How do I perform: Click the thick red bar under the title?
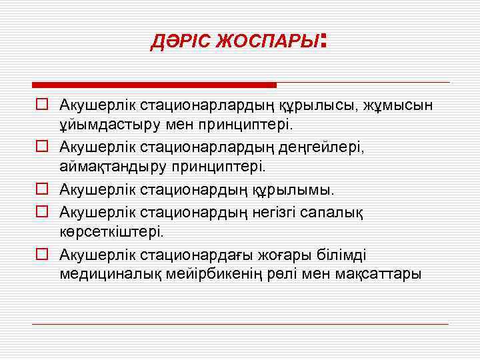pos(154,85)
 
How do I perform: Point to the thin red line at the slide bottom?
pos(240,324)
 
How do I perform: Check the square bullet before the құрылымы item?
pos(41,190)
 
